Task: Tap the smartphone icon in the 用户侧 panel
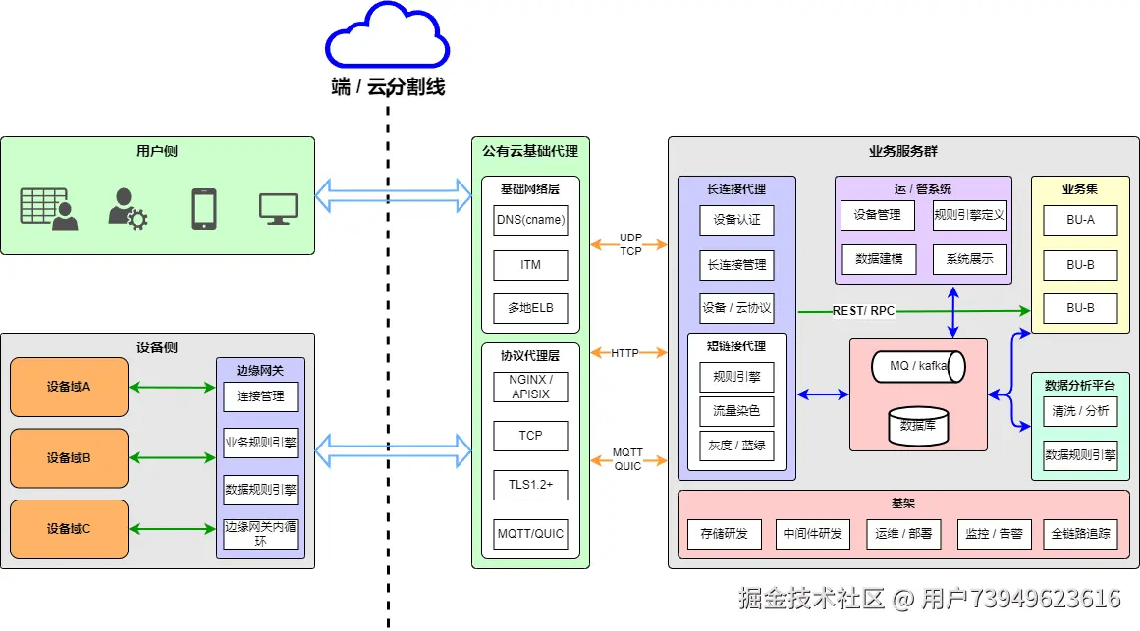(203, 208)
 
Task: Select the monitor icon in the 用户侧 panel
(278, 208)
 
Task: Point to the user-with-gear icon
(127, 208)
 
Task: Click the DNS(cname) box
(530, 220)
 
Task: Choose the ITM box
(530, 264)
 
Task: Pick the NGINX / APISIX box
(530, 387)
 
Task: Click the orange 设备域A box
(69, 387)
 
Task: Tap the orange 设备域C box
(69, 529)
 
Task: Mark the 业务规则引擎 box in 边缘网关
(260, 443)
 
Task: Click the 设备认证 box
(736, 220)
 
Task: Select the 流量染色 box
(736, 410)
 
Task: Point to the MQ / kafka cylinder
(917, 366)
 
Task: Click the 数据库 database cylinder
(918, 426)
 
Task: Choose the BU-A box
(1080, 220)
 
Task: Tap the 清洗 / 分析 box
(1080, 411)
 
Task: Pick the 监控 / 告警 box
(994, 534)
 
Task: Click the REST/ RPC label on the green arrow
(863, 311)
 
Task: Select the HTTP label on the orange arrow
(624, 353)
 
